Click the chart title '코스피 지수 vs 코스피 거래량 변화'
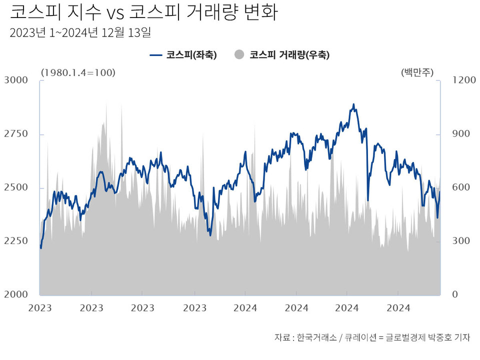(143, 12)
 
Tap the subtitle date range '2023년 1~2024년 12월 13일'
(80, 33)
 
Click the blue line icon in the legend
(156, 55)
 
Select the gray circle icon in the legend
(239, 54)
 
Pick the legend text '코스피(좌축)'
(191, 55)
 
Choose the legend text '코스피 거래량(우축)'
(289, 55)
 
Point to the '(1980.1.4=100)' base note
(78, 72)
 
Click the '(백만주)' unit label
(417, 72)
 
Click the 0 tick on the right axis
(454, 294)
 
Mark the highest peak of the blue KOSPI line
(353, 104)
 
